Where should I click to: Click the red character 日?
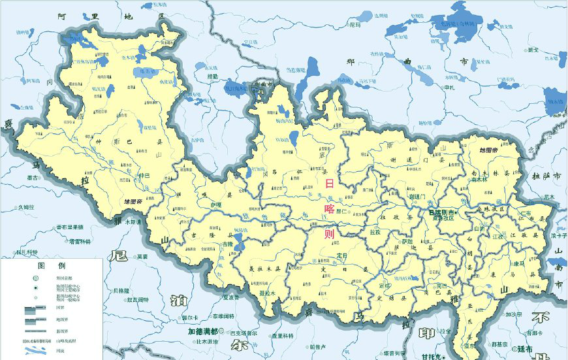point(330,184)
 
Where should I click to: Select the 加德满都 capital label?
point(202,331)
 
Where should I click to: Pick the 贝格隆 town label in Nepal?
point(121,290)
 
